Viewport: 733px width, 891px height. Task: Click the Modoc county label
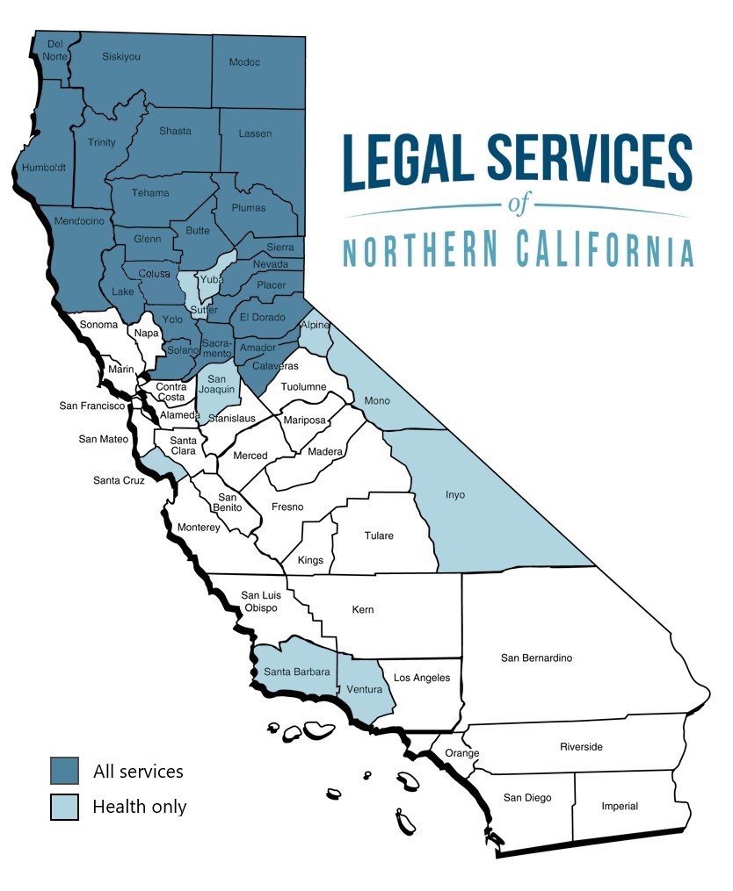(x=244, y=62)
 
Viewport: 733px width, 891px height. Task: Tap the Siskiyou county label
(x=121, y=56)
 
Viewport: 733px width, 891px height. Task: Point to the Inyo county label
(x=454, y=495)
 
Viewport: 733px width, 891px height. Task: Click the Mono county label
(x=378, y=400)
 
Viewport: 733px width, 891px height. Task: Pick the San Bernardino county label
(x=536, y=657)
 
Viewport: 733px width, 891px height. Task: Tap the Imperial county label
(x=620, y=806)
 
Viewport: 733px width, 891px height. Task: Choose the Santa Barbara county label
(x=297, y=672)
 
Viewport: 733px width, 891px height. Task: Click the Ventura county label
(x=365, y=689)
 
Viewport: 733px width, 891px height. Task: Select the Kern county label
(x=363, y=609)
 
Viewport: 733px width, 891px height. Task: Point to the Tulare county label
(x=379, y=535)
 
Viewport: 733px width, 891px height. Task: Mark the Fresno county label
(x=287, y=507)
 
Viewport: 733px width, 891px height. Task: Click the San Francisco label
(x=92, y=406)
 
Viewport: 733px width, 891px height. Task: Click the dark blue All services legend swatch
(x=64, y=771)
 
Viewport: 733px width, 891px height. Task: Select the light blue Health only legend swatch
(x=64, y=806)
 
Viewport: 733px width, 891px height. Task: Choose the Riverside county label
(x=582, y=747)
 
